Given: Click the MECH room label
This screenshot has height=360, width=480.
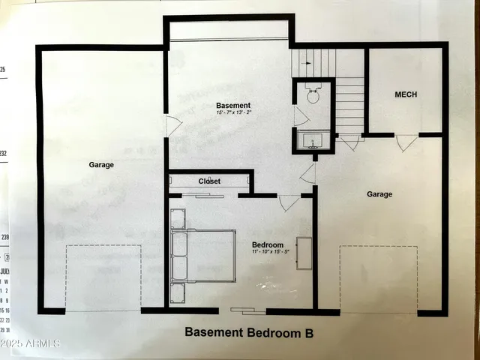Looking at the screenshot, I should (406, 94).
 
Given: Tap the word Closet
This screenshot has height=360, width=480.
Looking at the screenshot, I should (209, 181).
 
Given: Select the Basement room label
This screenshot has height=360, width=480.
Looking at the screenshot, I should (233, 106).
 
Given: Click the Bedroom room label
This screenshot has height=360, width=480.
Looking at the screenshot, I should (267, 245).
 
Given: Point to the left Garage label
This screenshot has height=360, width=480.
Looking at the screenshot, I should (101, 165).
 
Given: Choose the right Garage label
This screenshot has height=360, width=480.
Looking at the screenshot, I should (379, 194).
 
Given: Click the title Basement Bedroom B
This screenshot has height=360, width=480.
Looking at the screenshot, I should (248, 331).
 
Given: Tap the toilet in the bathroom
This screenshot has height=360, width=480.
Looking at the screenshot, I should (313, 94).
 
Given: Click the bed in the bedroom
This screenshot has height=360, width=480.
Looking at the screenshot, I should (202, 255).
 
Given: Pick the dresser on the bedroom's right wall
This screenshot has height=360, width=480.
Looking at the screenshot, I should (304, 253).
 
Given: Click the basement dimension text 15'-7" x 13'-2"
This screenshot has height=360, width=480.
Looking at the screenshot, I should (233, 114).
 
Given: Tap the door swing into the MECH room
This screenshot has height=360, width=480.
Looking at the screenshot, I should (406, 142).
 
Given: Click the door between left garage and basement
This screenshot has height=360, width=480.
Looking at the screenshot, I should (173, 126).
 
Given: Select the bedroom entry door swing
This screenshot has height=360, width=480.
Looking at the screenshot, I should (289, 202).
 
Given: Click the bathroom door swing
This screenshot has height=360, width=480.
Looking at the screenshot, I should (301, 116).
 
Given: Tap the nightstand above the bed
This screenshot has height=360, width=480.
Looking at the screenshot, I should (178, 218).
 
